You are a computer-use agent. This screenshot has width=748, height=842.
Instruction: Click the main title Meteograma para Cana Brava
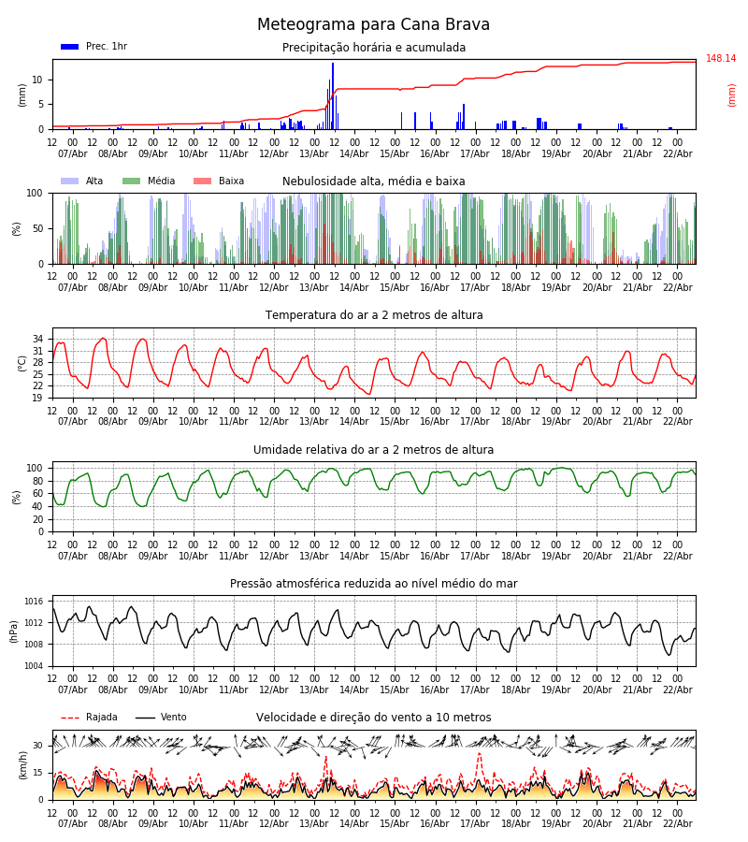tap(373, 25)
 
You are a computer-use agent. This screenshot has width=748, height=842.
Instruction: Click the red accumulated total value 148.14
tap(720, 59)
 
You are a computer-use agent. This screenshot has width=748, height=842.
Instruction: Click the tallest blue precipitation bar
tap(333, 94)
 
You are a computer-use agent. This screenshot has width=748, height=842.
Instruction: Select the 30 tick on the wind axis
tap(38, 746)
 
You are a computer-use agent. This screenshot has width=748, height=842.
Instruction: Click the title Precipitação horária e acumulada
tap(373, 48)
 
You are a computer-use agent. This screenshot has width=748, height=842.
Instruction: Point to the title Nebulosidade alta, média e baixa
tap(373, 181)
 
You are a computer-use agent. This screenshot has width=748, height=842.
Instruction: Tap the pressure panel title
tap(373, 584)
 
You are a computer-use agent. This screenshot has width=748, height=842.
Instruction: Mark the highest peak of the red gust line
tap(480, 753)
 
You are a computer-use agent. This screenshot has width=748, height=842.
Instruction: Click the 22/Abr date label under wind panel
tap(677, 823)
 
